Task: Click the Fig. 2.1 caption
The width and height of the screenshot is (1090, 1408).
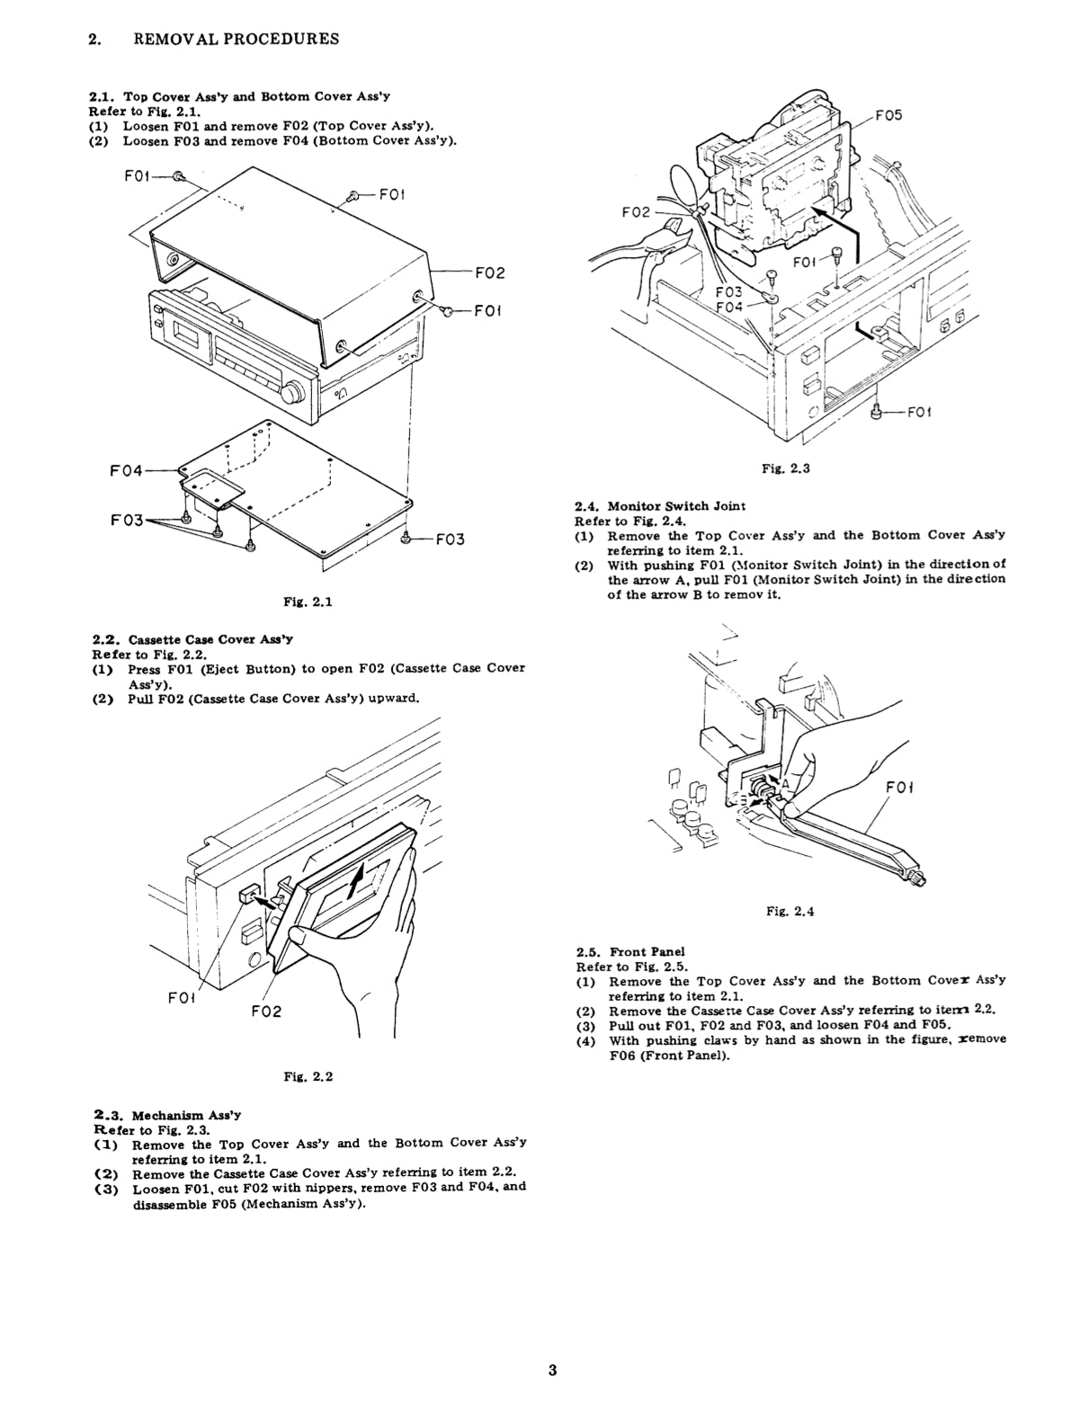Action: click(308, 602)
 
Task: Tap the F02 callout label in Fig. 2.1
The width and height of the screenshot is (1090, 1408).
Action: click(489, 272)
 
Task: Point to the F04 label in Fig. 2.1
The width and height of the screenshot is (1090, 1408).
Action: click(127, 470)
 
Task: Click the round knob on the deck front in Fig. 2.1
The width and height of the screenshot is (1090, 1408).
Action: click(292, 394)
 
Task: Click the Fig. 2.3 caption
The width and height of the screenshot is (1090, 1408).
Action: click(785, 468)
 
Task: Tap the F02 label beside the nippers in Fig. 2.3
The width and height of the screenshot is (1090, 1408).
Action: click(636, 212)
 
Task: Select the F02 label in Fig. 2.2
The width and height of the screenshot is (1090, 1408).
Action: click(265, 1011)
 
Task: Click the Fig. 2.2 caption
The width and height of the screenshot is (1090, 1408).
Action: click(308, 1076)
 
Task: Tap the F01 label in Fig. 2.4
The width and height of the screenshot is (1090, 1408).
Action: click(899, 788)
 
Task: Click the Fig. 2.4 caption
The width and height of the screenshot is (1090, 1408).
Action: click(790, 911)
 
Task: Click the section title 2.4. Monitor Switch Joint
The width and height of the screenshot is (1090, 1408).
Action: click(660, 506)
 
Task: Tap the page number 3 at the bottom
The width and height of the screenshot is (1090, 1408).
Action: click(552, 1370)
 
